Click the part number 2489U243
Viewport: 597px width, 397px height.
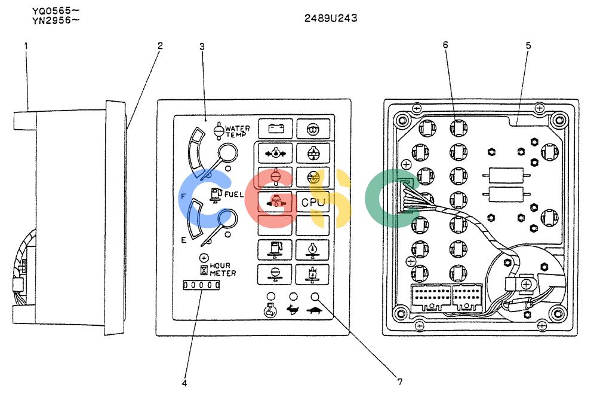pos(331,18)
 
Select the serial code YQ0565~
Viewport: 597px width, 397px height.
pos(56,11)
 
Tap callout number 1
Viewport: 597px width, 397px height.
pos(26,46)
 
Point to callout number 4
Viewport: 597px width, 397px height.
pos(184,383)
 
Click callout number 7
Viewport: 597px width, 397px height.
pos(400,381)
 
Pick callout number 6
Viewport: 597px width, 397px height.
pos(445,45)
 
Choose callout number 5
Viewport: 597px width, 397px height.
pos(528,46)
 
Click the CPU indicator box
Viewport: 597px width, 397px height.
pos(313,201)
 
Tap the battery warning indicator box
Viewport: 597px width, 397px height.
pos(275,128)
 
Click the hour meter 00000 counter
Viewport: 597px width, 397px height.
pos(201,285)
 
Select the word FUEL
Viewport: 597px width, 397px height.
pos(234,194)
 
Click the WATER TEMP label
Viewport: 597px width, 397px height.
pos(238,131)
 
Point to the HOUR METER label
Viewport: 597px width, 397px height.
pos(223,269)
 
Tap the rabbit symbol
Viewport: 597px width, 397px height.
pos(293,310)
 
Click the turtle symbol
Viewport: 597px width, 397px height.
pos(315,310)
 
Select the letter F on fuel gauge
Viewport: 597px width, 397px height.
pos(183,197)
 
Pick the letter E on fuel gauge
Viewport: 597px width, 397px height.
pos(183,240)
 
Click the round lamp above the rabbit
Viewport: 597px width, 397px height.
pos(293,297)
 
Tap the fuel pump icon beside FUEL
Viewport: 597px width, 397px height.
pos(216,194)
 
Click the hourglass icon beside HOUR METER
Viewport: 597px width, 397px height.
pos(204,270)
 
